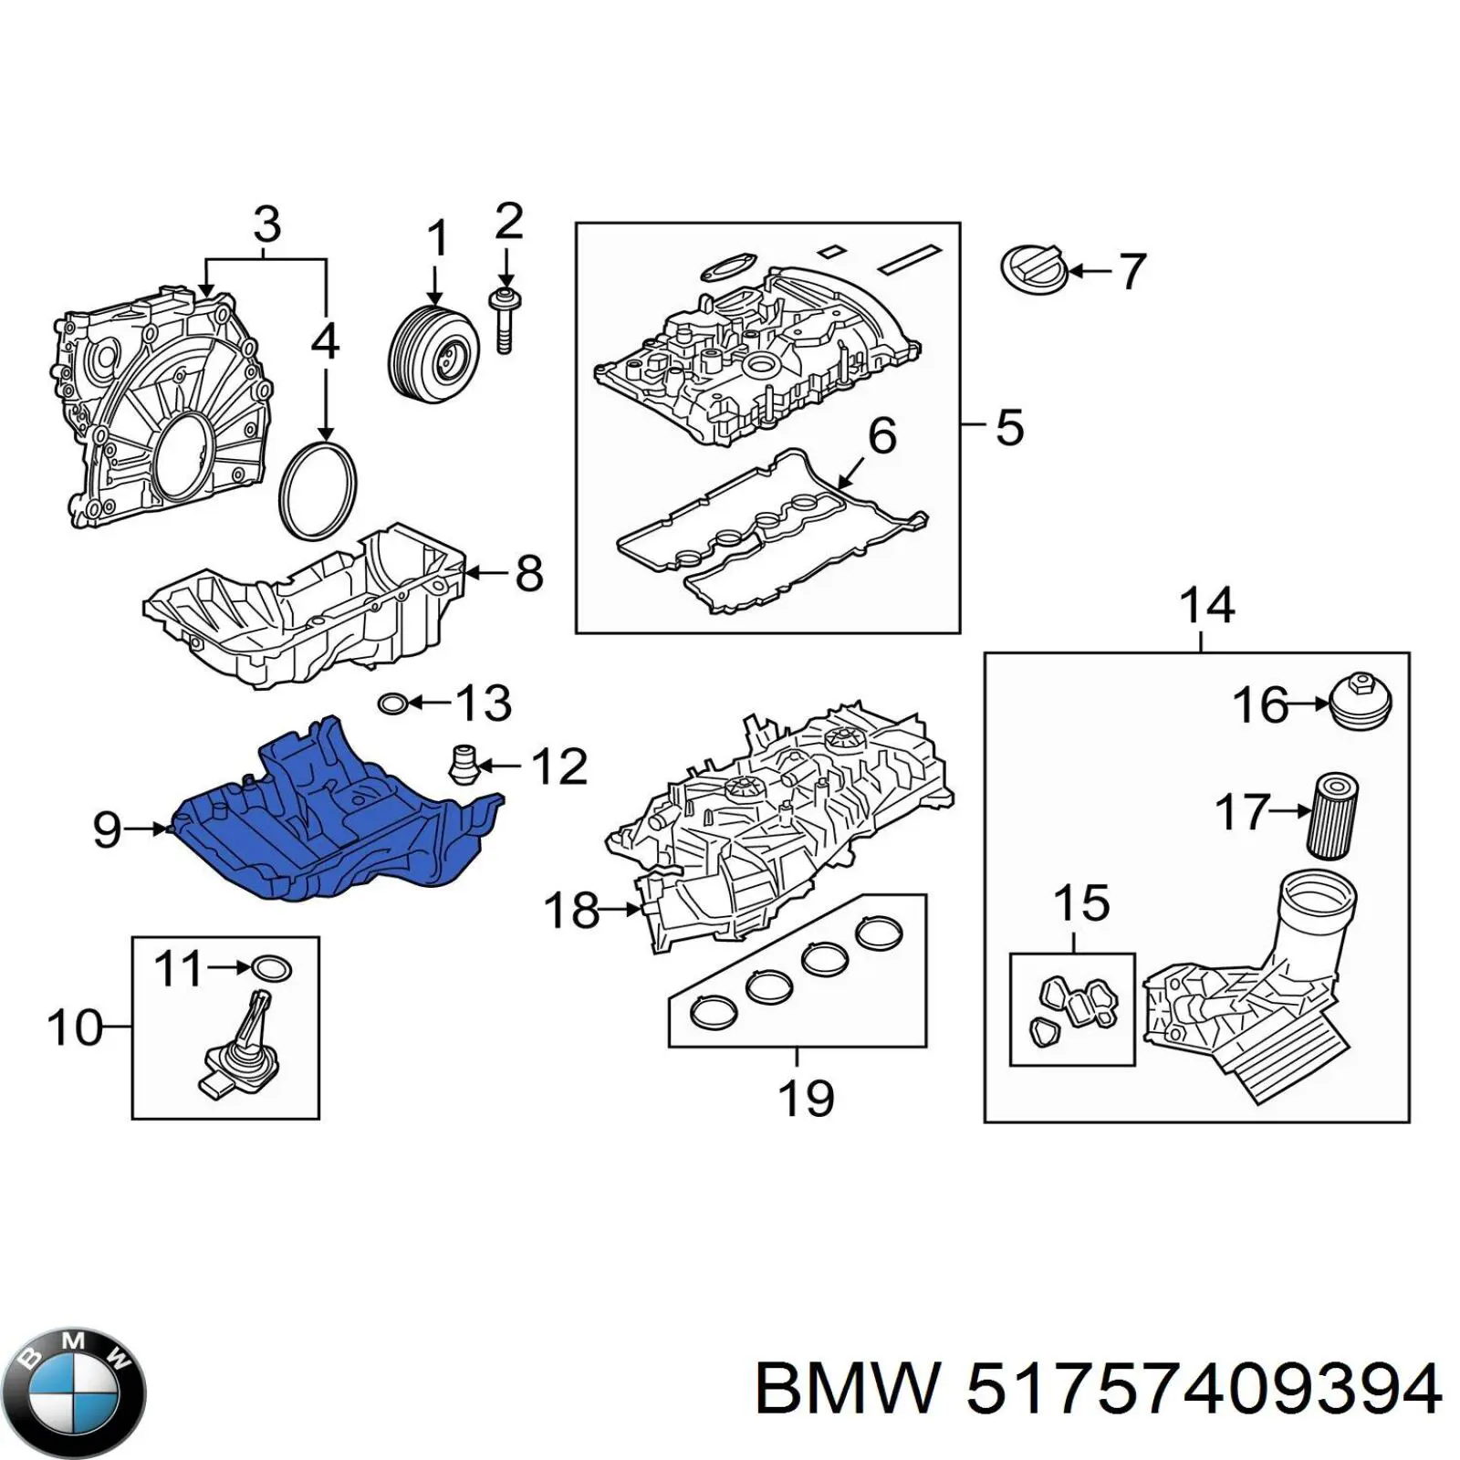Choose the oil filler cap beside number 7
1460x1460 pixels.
[x=1033, y=270]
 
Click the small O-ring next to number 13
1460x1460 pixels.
[x=392, y=704]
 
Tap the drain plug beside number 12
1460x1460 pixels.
[x=465, y=766]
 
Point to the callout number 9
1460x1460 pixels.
[x=107, y=829]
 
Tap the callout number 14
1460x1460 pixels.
[x=1206, y=606]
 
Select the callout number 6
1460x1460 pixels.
[x=881, y=436]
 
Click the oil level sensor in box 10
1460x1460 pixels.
[x=239, y=1049]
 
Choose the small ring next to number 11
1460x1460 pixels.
[x=272, y=969]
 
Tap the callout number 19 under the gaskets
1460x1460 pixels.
[x=806, y=1097]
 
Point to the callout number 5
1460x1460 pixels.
[x=1008, y=427]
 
